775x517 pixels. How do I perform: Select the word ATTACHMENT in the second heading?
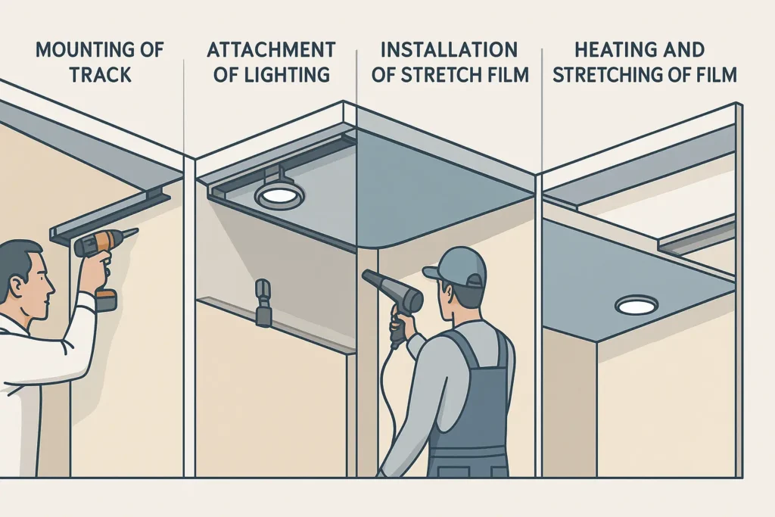(x=271, y=51)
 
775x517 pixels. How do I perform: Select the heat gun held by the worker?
(x=394, y=291)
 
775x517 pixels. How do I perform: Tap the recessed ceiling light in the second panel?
(x=278, y=196)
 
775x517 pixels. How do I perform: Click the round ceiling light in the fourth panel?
(x=635, y=305)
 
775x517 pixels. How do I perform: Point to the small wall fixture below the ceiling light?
(x=263, y=301)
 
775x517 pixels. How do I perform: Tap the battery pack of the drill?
(x=106, y=299)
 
